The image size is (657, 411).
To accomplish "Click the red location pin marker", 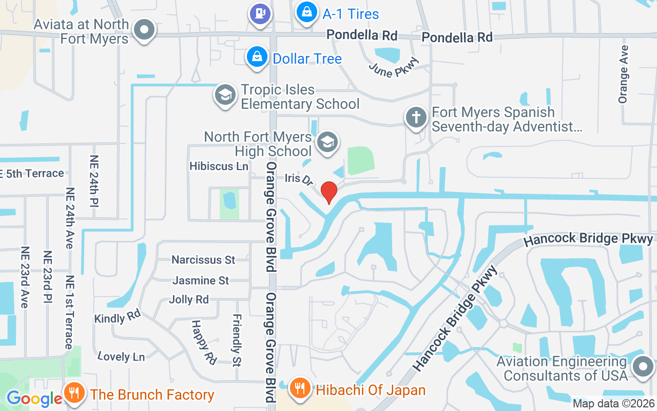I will (329, 192).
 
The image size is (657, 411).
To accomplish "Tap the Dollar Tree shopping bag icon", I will (256, 58).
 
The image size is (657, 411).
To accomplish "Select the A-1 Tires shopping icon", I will (306, 14).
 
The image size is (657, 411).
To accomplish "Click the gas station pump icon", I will (260, 12).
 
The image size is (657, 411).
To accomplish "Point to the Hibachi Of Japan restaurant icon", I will (299, 389).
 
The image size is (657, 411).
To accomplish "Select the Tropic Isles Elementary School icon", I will (225, 95).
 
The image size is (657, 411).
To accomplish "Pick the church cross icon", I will (416, 118).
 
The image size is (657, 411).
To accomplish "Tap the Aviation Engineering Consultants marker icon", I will (642, 367).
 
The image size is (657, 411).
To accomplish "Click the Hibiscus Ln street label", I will (219, 166).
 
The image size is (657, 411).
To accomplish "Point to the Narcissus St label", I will (203, 260).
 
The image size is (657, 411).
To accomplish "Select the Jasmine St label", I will (201, 281).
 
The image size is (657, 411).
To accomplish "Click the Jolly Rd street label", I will (189, 300).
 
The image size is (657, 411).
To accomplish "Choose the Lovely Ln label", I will (121, 356).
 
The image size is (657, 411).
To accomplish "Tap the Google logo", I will (34, 399).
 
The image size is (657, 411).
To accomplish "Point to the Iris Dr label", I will (299, 179).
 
